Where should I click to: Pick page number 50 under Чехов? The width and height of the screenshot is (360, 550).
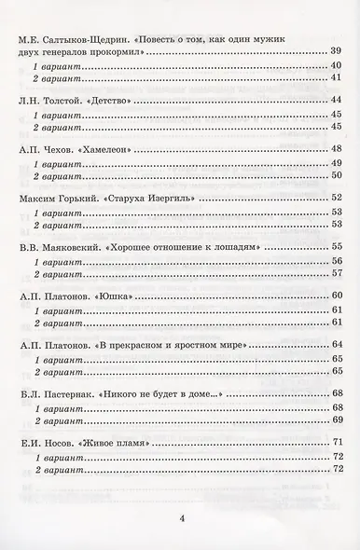tap(339, 177)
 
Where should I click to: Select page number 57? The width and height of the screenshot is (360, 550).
tap(339, 275)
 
